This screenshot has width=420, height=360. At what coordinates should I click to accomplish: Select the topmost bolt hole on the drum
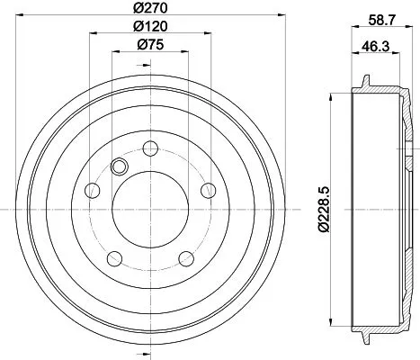coord(148,149)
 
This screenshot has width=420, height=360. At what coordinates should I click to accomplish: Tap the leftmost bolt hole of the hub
coord(91,190)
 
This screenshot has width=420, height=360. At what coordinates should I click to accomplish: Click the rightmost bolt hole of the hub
coord(207,190)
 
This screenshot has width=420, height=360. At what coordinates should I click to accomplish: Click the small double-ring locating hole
coord(116,165)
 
